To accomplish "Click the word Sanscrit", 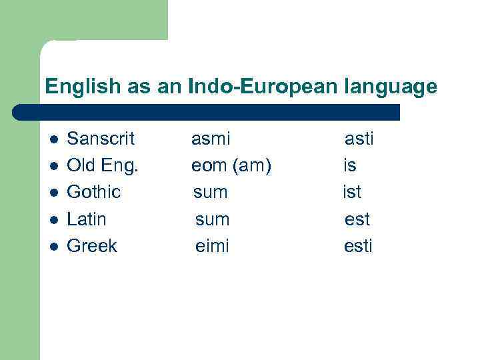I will click(x=101, y=139).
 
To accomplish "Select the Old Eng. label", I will click(x=103, y=165).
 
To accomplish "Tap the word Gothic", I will click(x=94, y=192).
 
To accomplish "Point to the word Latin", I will click(x=87, y=219).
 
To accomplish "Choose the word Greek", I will click(x=92, y=245).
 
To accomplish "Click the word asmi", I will click(x=211, y=139).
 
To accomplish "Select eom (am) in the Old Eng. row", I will click(x=231, y=165).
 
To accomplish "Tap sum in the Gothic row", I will click(x=211, y=192).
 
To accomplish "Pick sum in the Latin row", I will click(x=212, y=219).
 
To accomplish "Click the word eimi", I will click(x=212, y=245).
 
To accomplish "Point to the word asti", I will click(x=359, y=139).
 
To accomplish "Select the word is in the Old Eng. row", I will click(x=350, y=165).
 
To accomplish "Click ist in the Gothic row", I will click(x=352, y=192).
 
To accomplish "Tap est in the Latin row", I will click(x=357, y=219).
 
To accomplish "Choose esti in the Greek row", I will click(x=358, y=245).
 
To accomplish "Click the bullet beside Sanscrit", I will click(x=54, y=139).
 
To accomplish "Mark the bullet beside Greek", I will click(x=54, y=246).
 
